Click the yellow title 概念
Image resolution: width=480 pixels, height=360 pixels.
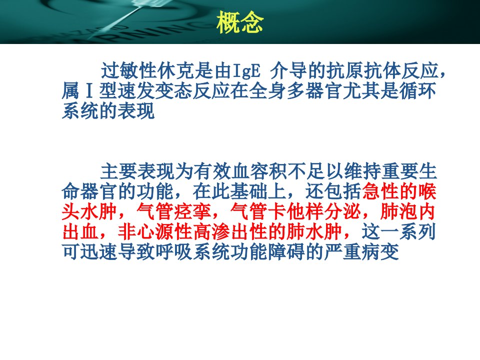point(239,22)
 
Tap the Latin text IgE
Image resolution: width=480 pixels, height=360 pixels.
point(246,71)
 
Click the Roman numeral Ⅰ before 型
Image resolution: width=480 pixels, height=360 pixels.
point(89,91)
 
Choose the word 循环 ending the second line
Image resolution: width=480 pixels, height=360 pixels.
point(417,91)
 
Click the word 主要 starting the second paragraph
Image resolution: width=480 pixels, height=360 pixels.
point(119,171)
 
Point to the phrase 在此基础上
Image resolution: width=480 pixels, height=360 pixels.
point(239,191)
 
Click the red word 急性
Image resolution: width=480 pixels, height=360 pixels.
point(380,191)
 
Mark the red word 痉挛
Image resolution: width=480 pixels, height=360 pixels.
point(193,211)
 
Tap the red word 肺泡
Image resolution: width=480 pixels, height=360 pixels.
point(398,211)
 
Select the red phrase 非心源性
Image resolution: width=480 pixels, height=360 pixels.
point(155,231)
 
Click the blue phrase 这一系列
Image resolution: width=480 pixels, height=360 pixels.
point(398,231)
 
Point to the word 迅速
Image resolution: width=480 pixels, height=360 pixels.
point(99,251)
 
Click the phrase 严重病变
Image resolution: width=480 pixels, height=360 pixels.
point(361,251)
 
